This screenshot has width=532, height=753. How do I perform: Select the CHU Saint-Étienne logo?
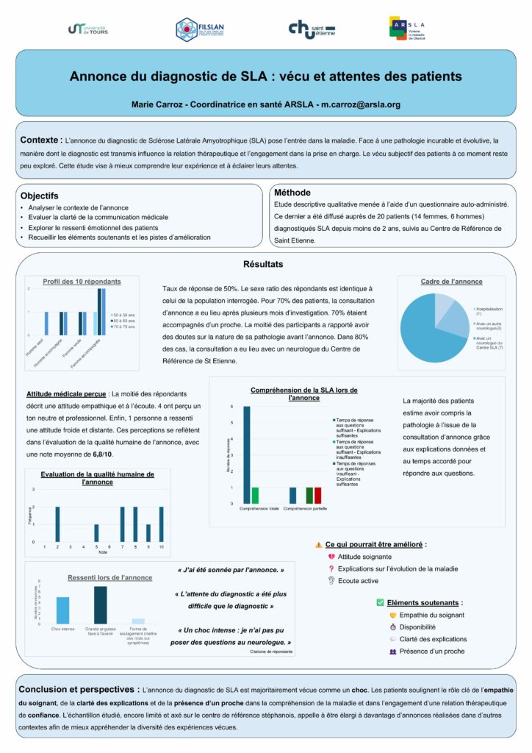(x=311, y=29)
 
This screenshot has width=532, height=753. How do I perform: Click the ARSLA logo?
(x=407, y=28)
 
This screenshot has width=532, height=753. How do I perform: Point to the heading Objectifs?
(x=39, y=196)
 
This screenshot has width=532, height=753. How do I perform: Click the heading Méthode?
(x=292, y=192)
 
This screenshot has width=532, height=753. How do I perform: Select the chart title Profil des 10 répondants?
(x=82, y=281)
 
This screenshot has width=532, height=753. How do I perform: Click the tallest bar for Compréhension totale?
(x=247, y=454)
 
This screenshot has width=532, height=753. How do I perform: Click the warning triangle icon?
(x=318, y=545)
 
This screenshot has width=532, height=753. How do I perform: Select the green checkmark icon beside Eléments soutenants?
(x=379, y=602)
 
